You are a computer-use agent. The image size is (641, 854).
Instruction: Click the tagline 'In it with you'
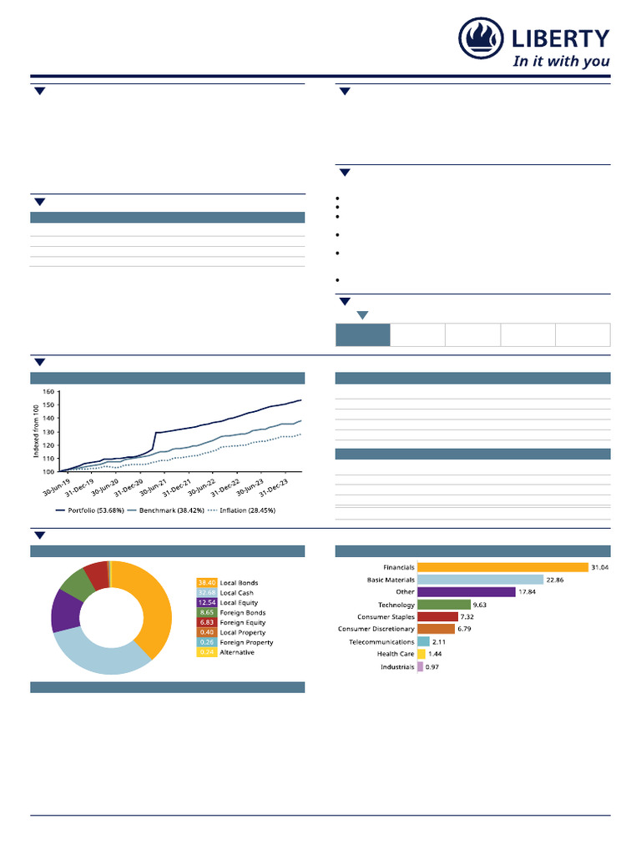[560, 61]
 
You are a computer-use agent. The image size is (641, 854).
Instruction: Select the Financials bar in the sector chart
[502, 567]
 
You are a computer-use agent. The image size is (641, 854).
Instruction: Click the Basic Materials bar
[479, 580]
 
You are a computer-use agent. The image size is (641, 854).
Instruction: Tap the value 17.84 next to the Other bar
[528, 592]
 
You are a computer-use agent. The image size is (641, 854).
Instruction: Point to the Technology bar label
[396, 605]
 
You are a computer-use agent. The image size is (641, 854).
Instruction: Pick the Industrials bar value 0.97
[432, 667]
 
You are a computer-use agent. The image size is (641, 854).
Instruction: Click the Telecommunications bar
[423, 642]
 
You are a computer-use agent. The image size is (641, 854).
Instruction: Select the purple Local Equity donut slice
[65, 611]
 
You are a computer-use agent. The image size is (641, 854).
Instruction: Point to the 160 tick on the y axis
[48, 391]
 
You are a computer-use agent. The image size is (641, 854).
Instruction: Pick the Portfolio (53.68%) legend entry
[90, 510]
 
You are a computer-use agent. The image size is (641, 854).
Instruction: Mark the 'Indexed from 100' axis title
[36, 432]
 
